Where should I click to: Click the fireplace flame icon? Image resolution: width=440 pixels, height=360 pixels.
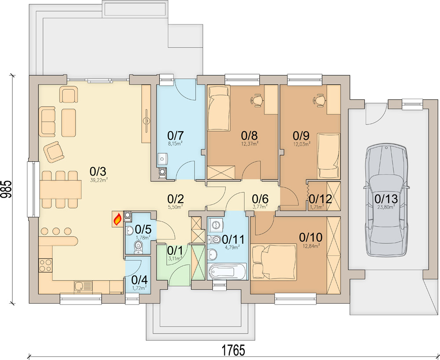coord(117,219)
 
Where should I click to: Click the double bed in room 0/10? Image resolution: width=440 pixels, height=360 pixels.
coord(273,262)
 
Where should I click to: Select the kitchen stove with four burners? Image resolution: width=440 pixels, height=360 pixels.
coord(45,265)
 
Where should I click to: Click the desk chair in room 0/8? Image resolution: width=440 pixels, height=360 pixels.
coord(257,101)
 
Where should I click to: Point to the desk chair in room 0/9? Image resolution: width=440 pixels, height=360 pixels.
coord(319,101)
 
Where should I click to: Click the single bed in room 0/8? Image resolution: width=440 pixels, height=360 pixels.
coord(219,105)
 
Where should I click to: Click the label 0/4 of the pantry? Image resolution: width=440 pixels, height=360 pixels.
coord(139,279)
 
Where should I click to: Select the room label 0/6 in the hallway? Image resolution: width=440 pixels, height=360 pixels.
coord(260,198)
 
